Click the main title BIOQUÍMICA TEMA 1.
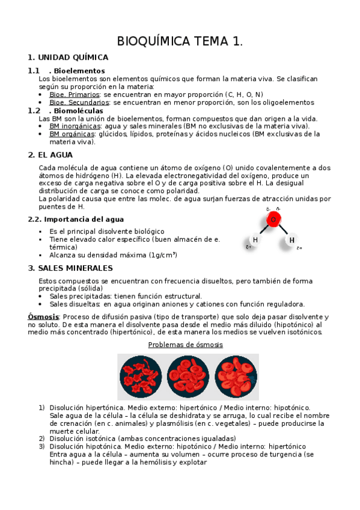coord(180,41)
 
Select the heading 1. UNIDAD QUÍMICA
coord(68,58)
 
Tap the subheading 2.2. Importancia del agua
coord(76,220)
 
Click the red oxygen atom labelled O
coord(273,220)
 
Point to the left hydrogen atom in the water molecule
coord(255,240)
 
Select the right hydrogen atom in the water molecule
coord(292,241)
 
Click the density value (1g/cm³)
coord(158,255)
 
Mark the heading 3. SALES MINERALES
coord(70,268)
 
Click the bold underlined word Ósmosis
coord(43,316)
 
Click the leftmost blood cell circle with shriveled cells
coord(141,376)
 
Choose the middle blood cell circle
coord(188,376)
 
